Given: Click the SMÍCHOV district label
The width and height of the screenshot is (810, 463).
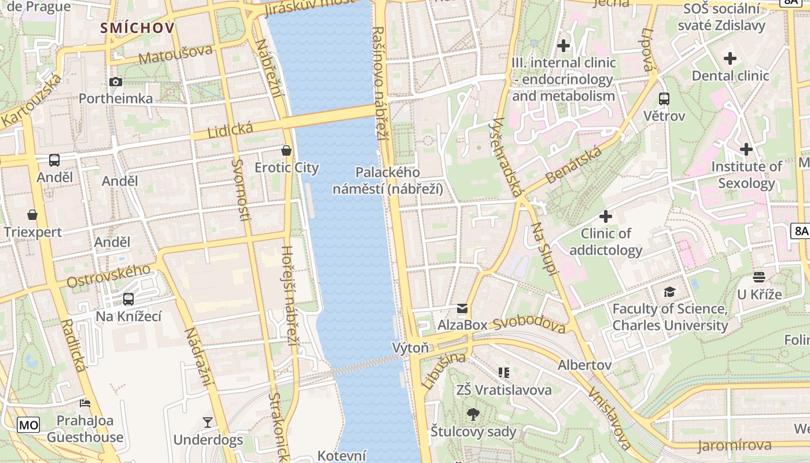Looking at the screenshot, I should tap(137, 27).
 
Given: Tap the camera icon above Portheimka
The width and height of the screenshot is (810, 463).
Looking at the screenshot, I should tap(116, 82).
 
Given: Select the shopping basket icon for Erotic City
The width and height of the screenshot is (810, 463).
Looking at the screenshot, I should tap(286, 151).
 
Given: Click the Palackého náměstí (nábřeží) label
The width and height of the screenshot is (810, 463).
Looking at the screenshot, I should tap(388, 181).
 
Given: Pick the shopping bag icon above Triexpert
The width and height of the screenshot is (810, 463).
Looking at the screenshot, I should tap(32, 215).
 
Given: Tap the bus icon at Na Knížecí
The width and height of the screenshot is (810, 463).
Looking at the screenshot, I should tap(128, 299).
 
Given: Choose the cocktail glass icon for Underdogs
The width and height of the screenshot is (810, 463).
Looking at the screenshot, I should tap(208, 422).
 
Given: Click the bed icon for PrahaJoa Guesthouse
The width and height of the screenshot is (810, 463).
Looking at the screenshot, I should tap(85, 403).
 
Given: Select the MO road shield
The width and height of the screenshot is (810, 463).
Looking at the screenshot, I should tap(28, 425).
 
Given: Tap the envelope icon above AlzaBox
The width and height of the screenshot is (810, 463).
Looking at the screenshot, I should tap(462, 308).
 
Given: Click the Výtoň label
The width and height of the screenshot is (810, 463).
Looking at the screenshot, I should tap(410, 348).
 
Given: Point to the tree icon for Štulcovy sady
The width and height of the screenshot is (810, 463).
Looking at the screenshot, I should tap(473, 414).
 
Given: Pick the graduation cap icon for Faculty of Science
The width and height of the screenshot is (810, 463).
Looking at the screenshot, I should tap(669, 292).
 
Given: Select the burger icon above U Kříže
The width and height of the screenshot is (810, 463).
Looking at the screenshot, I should tap(759, 277).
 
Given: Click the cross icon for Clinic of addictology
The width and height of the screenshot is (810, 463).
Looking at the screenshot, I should tap(606, 216).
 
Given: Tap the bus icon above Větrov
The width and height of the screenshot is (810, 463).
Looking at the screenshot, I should tap(664, 99).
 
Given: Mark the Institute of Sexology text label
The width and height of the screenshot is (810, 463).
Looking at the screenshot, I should tap(746, 175).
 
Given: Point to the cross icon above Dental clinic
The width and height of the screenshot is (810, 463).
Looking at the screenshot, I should tap(730, 58).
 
